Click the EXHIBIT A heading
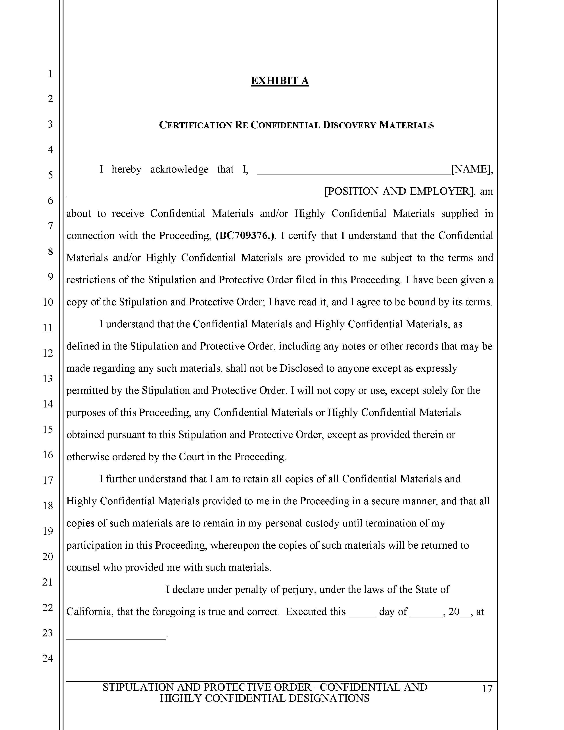coord(280,81)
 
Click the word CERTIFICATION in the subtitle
coord(196,125)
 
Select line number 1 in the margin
coord(50,73)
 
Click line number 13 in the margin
coord(48,378)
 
